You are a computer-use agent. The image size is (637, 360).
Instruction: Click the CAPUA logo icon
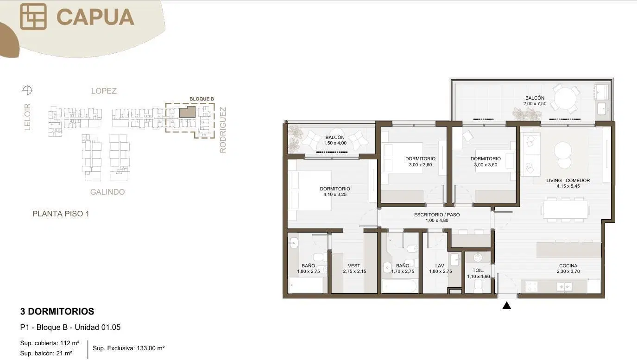[33, 17]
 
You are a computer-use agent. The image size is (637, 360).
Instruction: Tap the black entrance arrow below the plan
[506, 306]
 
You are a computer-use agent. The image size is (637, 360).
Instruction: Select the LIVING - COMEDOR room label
[568, 180]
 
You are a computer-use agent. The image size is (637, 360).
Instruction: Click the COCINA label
[568, 265]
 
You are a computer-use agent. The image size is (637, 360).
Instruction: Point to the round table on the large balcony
[565, 98]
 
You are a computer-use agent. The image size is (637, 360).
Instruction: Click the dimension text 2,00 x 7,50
[535, 103]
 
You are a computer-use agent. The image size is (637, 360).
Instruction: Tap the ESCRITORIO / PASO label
[437, 215]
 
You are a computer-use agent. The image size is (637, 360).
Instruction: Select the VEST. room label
[354, 265]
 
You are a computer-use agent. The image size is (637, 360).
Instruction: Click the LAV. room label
[440, 265]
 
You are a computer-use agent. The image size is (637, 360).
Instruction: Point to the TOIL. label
[478, 271]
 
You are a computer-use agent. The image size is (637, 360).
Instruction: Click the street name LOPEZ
[104, 91]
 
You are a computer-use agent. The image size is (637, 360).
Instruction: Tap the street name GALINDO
[107, 192]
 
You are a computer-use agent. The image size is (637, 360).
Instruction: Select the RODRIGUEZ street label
[223, 130]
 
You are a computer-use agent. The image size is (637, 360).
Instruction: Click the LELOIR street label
[27, 117]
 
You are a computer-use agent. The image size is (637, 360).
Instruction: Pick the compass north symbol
[27, 90]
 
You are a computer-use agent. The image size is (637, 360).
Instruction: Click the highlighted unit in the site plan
[188, 112]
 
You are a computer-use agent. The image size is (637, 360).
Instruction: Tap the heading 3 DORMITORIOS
[57, 311]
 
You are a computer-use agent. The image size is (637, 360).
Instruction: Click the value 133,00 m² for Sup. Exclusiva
[151, 348]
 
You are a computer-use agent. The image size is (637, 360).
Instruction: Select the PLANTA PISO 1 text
[61, 214]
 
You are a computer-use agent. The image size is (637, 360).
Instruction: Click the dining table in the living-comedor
[565, 210]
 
